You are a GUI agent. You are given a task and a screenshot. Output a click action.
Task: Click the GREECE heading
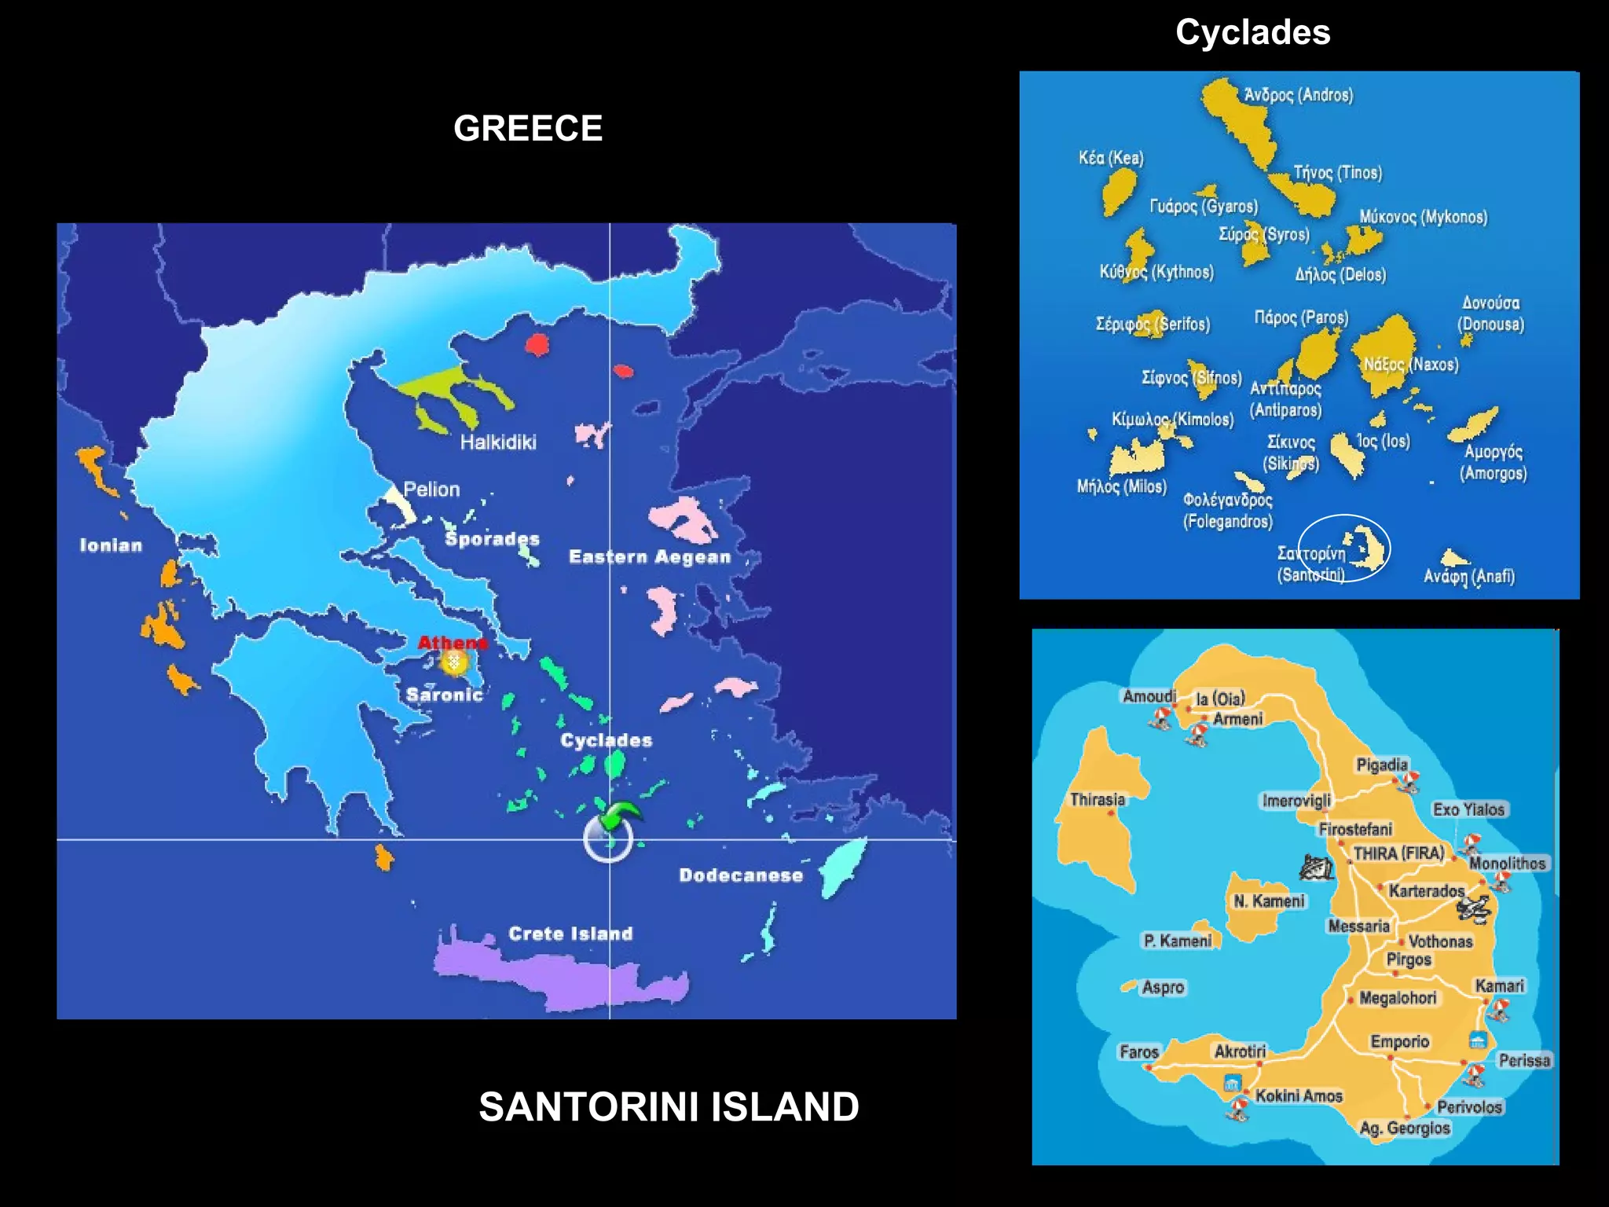point(528,128)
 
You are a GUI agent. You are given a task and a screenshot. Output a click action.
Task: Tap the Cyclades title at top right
point(1252,32)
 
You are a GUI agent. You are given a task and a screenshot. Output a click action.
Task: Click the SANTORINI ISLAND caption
point(669,1106)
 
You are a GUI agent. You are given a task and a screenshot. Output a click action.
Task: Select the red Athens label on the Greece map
point(453,642)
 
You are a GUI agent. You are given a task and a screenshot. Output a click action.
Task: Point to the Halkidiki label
point(498,442)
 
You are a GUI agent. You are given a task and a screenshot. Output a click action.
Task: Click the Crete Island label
point(570,934)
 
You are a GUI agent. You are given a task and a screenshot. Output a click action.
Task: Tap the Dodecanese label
point(741,875)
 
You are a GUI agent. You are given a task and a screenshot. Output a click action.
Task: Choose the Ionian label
point(111,545)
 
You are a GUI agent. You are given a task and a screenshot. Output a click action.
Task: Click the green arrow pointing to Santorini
point(620,814)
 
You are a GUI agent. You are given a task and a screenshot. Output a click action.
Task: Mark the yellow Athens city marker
point(454,662)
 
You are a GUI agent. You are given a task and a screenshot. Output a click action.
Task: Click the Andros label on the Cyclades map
point(1298,95)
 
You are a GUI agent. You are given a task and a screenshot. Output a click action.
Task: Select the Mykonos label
point(1423,217)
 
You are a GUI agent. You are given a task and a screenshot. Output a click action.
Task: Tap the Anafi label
point(1468,576)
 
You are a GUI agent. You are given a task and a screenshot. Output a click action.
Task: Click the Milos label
point(1121,486)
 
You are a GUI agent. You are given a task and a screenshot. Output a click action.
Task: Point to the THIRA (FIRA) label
point(1398,853)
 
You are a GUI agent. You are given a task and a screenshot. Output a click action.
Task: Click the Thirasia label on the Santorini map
point(1097,799)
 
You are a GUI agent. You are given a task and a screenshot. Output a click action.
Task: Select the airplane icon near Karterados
point(1474,908)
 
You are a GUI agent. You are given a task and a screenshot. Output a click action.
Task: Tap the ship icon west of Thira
point(1315,866)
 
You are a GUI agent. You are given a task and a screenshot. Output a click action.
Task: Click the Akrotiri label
point(1240,1051)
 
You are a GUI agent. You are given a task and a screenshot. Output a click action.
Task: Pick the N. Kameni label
point(1268,901)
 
